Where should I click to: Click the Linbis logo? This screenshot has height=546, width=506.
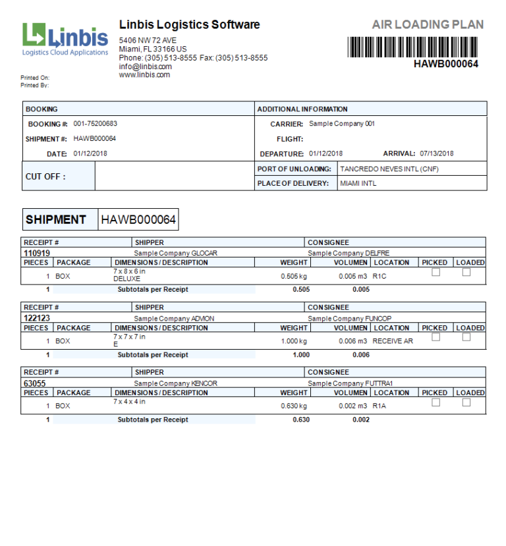pyautogui.click(x=65, y=40)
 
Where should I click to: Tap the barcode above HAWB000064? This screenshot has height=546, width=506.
pyautogui.click(x=412, y=47)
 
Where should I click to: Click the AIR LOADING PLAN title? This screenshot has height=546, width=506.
pyautogui.click(x=428, y=25)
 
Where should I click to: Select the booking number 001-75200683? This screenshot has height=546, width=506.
pyautogui.click(x=96, y=124)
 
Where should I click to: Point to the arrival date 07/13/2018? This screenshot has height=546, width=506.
pyautogui.click(x=436, y=153)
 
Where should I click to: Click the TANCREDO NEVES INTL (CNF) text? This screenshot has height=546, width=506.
pyautogui.click(x=389, y=169)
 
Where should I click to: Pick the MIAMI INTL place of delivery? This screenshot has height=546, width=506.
pyautogui.click(x=358, y=183)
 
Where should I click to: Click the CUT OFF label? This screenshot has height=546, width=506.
pyautogui.click(x=45, y=177)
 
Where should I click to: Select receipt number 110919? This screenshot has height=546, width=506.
pyautogui.click(x=37, y=253)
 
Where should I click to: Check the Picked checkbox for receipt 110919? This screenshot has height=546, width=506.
pyautogui.click(x=436, y=272)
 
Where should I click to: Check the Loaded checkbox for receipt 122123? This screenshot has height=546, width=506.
pyautogui.click(x=466, y=337)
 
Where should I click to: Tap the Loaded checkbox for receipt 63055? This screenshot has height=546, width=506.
pyautogui.click(x=466, y=402)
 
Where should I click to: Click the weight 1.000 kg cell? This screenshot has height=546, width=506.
pyautogui.click(x=295, y=341)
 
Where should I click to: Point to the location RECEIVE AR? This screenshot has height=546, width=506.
pyautogui.click(x=393, y=341)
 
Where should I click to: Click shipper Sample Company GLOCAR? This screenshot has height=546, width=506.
pyautogui.click(x=175, y=253)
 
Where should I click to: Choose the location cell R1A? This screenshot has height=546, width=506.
pyautogui.click(x=379, y=406)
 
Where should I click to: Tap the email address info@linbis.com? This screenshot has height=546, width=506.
pyautogui.click(x=146, y=67)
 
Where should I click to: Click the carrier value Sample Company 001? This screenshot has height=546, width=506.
pyautogui.click(x=341, y=124)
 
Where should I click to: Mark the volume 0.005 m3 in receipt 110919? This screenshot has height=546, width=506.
pyautogui.click(x=352, y=276)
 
